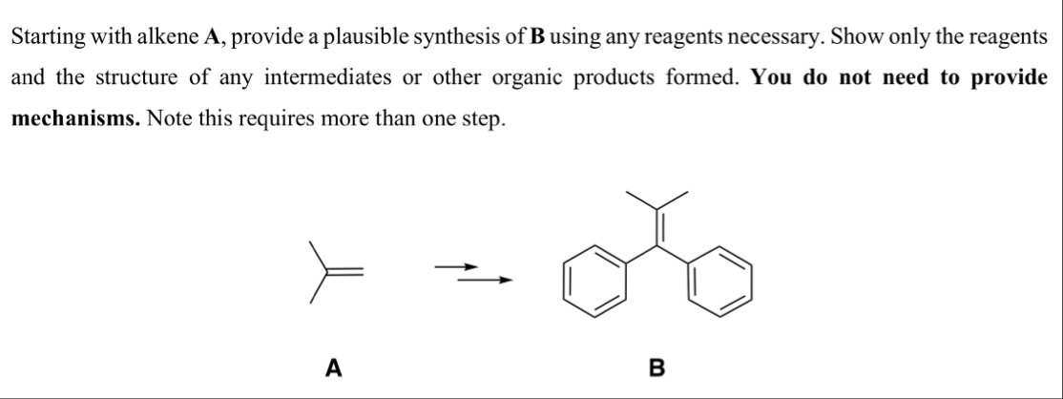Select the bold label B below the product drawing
(655, 365)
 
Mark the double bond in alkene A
(346, 273)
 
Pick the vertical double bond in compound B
(657, 230)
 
